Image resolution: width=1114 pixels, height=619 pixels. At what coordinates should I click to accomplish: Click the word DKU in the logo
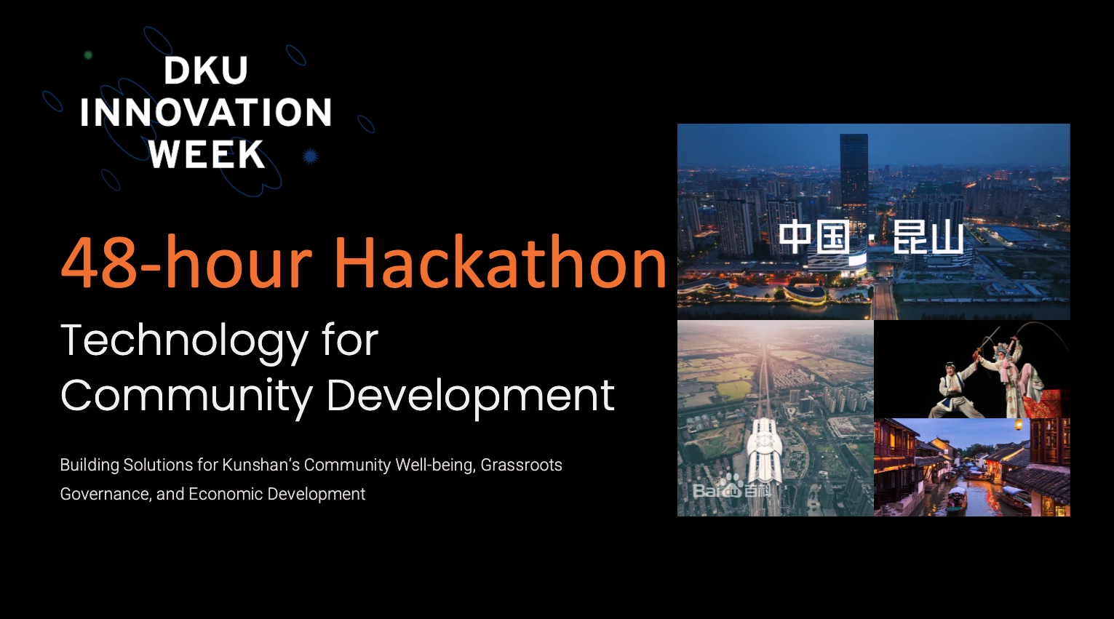click(x=205, y=70)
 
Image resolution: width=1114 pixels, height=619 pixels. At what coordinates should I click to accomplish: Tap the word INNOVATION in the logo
click(x=206, y=112)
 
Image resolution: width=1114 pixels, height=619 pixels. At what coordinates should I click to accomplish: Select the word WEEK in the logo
click(x=207, y=154)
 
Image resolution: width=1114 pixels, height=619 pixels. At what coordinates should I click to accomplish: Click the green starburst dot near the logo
click(x=88, y=55)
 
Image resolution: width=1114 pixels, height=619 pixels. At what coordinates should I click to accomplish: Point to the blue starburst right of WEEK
click(x=310, y=156)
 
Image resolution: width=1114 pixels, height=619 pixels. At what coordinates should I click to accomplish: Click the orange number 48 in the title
click(x=98, y=262)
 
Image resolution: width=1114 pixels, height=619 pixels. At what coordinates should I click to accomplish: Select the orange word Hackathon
click(x=500, y=262)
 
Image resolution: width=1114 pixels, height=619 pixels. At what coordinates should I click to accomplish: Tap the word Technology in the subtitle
click(x=185, y=342)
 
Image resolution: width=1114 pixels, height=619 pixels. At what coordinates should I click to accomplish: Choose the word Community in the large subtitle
click(x=186, y=396)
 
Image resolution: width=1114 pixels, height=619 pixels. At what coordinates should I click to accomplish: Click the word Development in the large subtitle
click(x=471, y=396)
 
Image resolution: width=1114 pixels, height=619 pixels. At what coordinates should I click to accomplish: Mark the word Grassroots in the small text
click(x=521, y=465)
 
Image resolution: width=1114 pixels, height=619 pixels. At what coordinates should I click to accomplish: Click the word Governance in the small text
click(x=106, y=494)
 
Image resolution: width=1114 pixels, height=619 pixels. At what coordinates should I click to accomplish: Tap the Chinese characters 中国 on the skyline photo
click(x=815, y=237)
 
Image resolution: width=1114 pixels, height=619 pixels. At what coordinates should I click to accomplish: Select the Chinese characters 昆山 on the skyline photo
click(x=928, y=237)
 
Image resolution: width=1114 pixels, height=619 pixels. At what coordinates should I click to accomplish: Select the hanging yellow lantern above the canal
click(x=1019, y=425)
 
